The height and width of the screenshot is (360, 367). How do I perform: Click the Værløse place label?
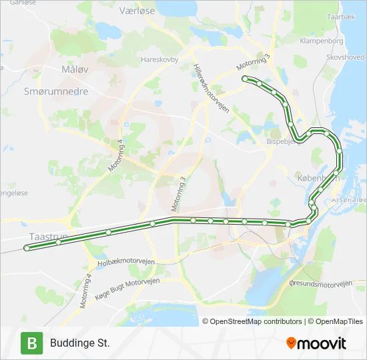click(x=118, y=11)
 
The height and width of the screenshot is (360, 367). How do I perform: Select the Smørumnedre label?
click(x=55, y=91)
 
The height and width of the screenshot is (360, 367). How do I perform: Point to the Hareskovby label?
click(x=159, y=59)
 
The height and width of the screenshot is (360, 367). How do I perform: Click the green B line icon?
click(x=31, y=343)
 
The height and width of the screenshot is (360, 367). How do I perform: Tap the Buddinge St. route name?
click(x=79, y=343)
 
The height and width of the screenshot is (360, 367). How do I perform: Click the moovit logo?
click(x=316, y=343)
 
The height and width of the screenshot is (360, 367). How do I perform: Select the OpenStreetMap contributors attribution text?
click(x=255, y=321)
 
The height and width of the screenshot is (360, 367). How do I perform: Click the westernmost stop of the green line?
click(x=27, y=248)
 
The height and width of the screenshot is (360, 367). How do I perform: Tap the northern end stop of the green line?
click(x=244, y=79)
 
